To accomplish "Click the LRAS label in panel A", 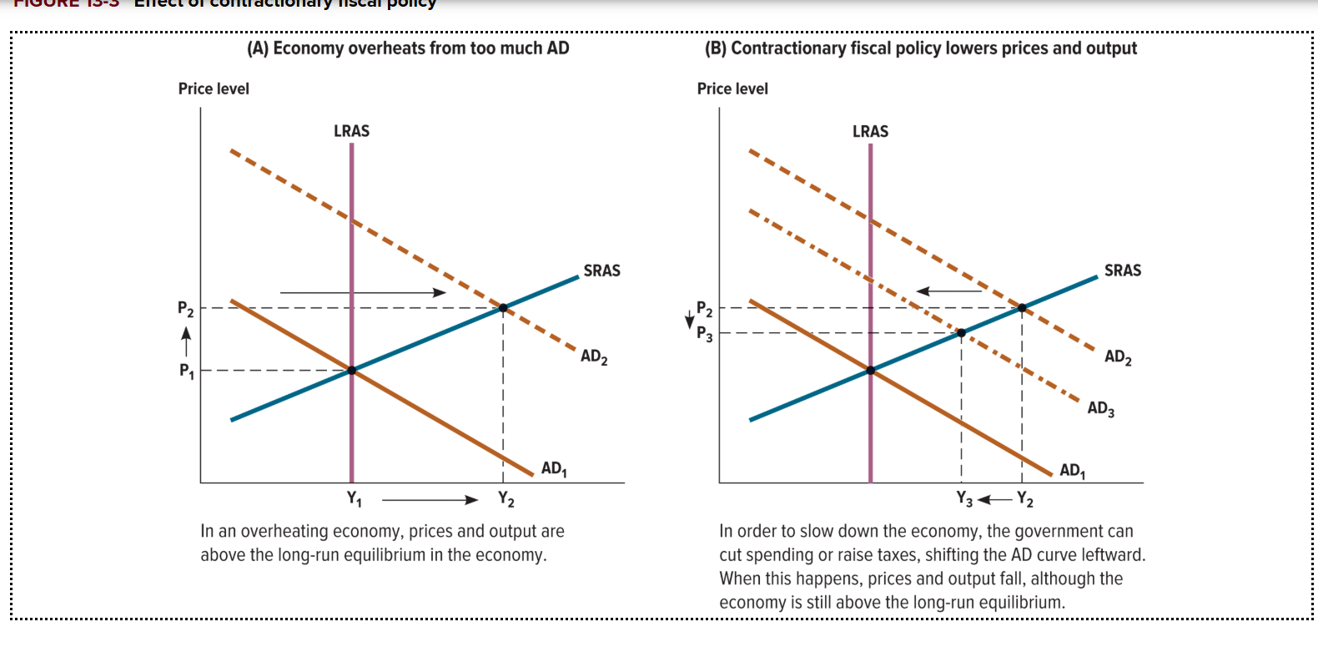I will click(351, 131).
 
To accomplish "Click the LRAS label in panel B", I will click(870, 132).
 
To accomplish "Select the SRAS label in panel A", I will click(601, 270).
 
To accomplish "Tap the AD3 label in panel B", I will click(1100, 408).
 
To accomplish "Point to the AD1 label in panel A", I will click(554, 468).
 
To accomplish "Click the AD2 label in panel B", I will click(1118, 357).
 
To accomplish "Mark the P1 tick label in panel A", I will click(186, 371).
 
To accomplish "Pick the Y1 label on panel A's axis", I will click(355, 499).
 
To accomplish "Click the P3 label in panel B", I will click(705, 334).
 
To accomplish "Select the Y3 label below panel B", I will click(964, 499).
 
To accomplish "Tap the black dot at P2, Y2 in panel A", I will click(503, 308).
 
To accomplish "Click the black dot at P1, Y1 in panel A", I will click(352, 370).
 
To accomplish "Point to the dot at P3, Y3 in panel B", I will click(961, 332).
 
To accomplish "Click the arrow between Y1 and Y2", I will click(430, 500).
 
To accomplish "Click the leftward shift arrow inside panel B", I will click(949, 291).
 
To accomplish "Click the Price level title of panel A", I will click(214, 88).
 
